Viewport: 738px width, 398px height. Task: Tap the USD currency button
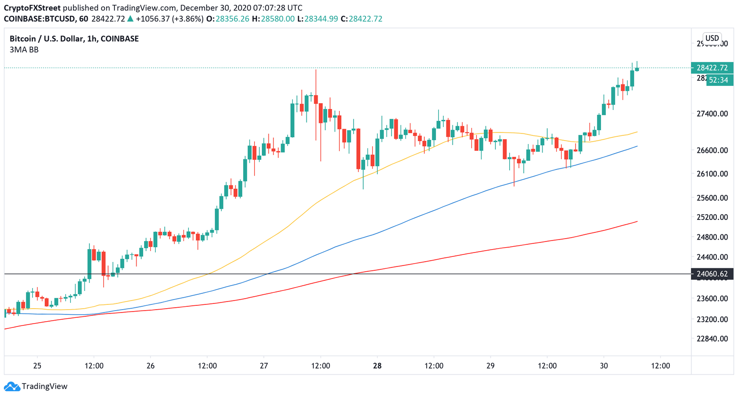[712, 38]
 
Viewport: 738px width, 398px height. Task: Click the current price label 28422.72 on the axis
[712, 68]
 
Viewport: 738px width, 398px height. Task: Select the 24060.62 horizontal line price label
[712, 274]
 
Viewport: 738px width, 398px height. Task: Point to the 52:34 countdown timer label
[718, 80]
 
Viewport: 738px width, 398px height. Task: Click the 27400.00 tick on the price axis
[712, 114]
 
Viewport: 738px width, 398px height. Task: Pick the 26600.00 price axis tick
[712, 150]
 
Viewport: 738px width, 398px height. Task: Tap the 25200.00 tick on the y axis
[712, 217]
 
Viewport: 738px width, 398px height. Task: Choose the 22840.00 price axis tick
[712, 338]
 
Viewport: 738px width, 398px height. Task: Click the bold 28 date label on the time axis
[377, 366]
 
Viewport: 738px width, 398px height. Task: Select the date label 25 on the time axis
[37, 366]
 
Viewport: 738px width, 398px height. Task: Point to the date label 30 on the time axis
[604, 366]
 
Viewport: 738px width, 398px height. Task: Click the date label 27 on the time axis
[264, 366]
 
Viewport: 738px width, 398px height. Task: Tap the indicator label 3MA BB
[24, 49]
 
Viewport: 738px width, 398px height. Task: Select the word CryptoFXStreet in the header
[32, 8]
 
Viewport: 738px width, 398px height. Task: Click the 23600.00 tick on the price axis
[712, 299]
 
